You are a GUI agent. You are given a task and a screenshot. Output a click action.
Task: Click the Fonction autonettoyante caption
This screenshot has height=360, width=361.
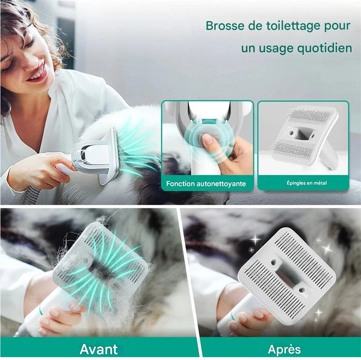[x=206, y=184]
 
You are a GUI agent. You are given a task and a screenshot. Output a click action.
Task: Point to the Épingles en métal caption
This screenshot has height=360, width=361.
[x=307, y=183]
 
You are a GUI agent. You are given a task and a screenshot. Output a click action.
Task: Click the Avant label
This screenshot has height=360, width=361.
[x=99, y=349]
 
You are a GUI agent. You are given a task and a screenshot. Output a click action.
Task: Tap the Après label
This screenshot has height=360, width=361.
[x=285, y=350]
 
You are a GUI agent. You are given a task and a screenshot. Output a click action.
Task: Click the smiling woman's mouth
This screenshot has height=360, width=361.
[x=37, y=73]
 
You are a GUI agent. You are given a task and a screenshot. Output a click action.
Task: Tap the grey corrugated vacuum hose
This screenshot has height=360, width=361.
[x=31, y=195]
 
